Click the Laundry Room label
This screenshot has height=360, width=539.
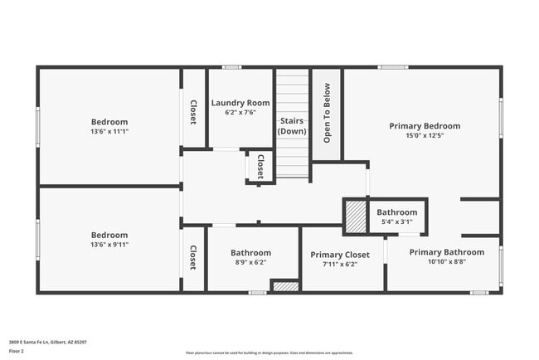pyautogui.click(x=240, y=103)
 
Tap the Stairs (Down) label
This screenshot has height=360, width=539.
pyautogui.click(x=292, y=125)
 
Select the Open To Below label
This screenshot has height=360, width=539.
pyautogui.click(x=327, y=112)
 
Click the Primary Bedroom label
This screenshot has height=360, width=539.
pyautogui.click(x=425, y=126)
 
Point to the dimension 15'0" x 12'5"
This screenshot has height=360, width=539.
pyautogui.click(x=425, y=135)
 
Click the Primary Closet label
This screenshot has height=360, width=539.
pyautogui.click(x=339, y=255)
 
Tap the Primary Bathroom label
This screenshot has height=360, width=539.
pyautogui.click(x=446, y=252)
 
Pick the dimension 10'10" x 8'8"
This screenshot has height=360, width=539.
pyautogui.click(x=446, y=262)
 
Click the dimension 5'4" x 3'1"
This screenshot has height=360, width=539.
pyautogui.click(x=396, y=221)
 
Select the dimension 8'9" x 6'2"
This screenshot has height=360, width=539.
pyautogui.click(x=250, y=262)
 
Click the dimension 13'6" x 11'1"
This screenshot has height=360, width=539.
pyautogui.click(x=109, y=131)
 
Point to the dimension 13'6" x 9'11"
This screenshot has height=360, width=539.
pyautogui.click(x=109, y=245)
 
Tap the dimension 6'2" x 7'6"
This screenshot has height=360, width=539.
pyautogui.click(x=240, y=112)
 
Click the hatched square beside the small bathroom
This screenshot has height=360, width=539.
pyautogui.click(x=355, y=217)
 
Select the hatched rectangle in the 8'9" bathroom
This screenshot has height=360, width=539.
pyautogui.click(x=285, y=286)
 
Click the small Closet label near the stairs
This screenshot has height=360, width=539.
pyautogui.click(x=260, y=166)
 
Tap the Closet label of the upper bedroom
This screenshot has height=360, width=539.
pyautogui.click(x=193, y=112)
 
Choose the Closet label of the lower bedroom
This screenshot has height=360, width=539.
pyautogui.click(x=193, y=257)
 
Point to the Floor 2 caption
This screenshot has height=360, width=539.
pyautogui.click(x=17, y=351)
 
